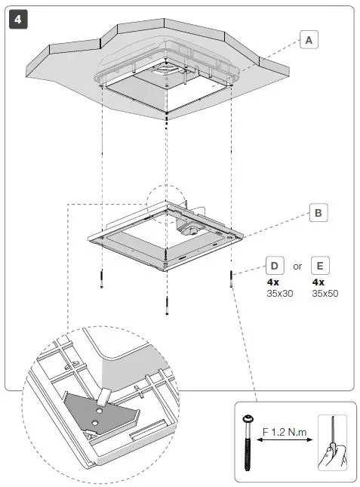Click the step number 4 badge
click(17, 19)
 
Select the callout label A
click(308, 39)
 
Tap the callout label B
click(318, 213)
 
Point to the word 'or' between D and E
click(298, 266)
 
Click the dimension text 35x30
click(279, 292)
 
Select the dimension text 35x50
click(325, 292)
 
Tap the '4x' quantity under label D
click(273, 282)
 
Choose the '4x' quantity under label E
click(318, 282)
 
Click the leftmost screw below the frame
click(100, 279)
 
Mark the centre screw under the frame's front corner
click(166, 304)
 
